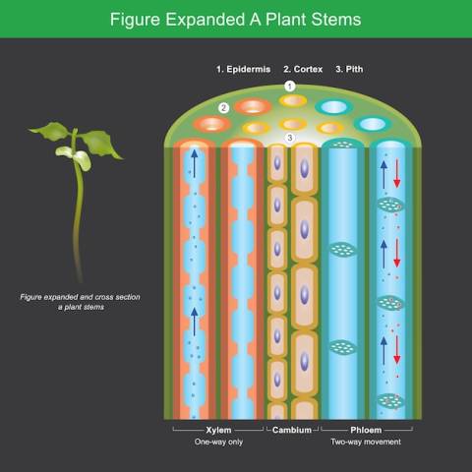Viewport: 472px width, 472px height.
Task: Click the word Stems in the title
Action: click(x=336, y=20)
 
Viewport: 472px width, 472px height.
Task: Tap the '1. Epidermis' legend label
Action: click(x=243, y=70)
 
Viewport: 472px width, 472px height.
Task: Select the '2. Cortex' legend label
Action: click(x=303, y=70)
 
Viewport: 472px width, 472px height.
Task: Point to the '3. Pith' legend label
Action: click(x=349, y=70)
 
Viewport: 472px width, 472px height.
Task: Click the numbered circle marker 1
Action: click(x=289, y=87)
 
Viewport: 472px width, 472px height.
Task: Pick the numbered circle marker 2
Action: click(x=224, y=108)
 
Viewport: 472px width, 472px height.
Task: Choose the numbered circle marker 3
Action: click(x=290, y=138)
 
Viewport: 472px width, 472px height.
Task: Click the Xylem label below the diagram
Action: click(x=218, y=430)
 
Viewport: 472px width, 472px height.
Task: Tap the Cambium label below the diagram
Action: click(x=292, y=430)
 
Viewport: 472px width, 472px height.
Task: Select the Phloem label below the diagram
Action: click(x=366, y=430)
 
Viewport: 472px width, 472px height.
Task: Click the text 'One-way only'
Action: click(x=218, y=442)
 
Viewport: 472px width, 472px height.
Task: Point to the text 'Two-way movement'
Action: click(x=366, y=442)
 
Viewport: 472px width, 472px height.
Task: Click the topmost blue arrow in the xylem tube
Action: click(x=195, y=163)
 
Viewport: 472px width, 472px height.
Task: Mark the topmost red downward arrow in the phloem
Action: click(x=397, y=173)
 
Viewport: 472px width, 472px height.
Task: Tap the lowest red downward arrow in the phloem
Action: click(x=397, y=350)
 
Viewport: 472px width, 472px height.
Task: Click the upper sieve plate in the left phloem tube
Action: click(x=342, y=250)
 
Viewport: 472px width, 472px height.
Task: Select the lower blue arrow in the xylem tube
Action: click(x=195, y=322)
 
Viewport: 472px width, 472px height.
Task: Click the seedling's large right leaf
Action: click(x=100, y=143)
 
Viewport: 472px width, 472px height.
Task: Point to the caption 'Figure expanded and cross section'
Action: click(x=80, y=297)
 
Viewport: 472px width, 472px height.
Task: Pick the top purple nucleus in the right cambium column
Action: click(x=305, y=168)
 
